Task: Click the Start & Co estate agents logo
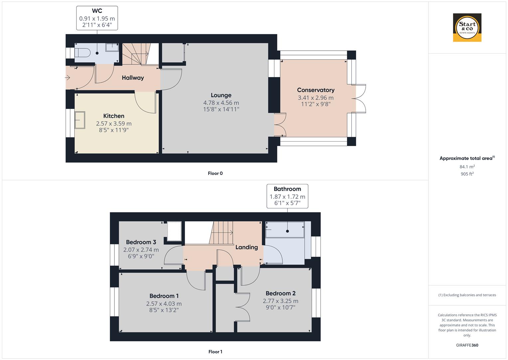[x=467, y=28]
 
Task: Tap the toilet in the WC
[x=83, y=53]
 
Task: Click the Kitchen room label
[x=114, y=116]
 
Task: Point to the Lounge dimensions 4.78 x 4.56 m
[x=221, y=103]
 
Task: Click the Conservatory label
[x=316, y=90]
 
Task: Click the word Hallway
[x=133, y=78]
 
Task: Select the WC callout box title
[x=97, y=11]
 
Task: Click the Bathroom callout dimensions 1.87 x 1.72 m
[x=287, y=197]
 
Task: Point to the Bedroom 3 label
[x=141, y=242]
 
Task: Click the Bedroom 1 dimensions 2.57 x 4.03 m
[x=164, y=304]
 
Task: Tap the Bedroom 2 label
[x=280, y=293]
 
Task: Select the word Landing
[x=247, y=247]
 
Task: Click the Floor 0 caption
[x=215, y=173]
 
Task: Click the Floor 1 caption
[x=215, y=352]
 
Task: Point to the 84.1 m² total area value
[x=467, y=167]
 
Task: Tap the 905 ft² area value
[x=467, y=174]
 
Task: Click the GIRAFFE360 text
[x=467, y=345]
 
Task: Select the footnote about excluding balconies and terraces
[x=467, y=295]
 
